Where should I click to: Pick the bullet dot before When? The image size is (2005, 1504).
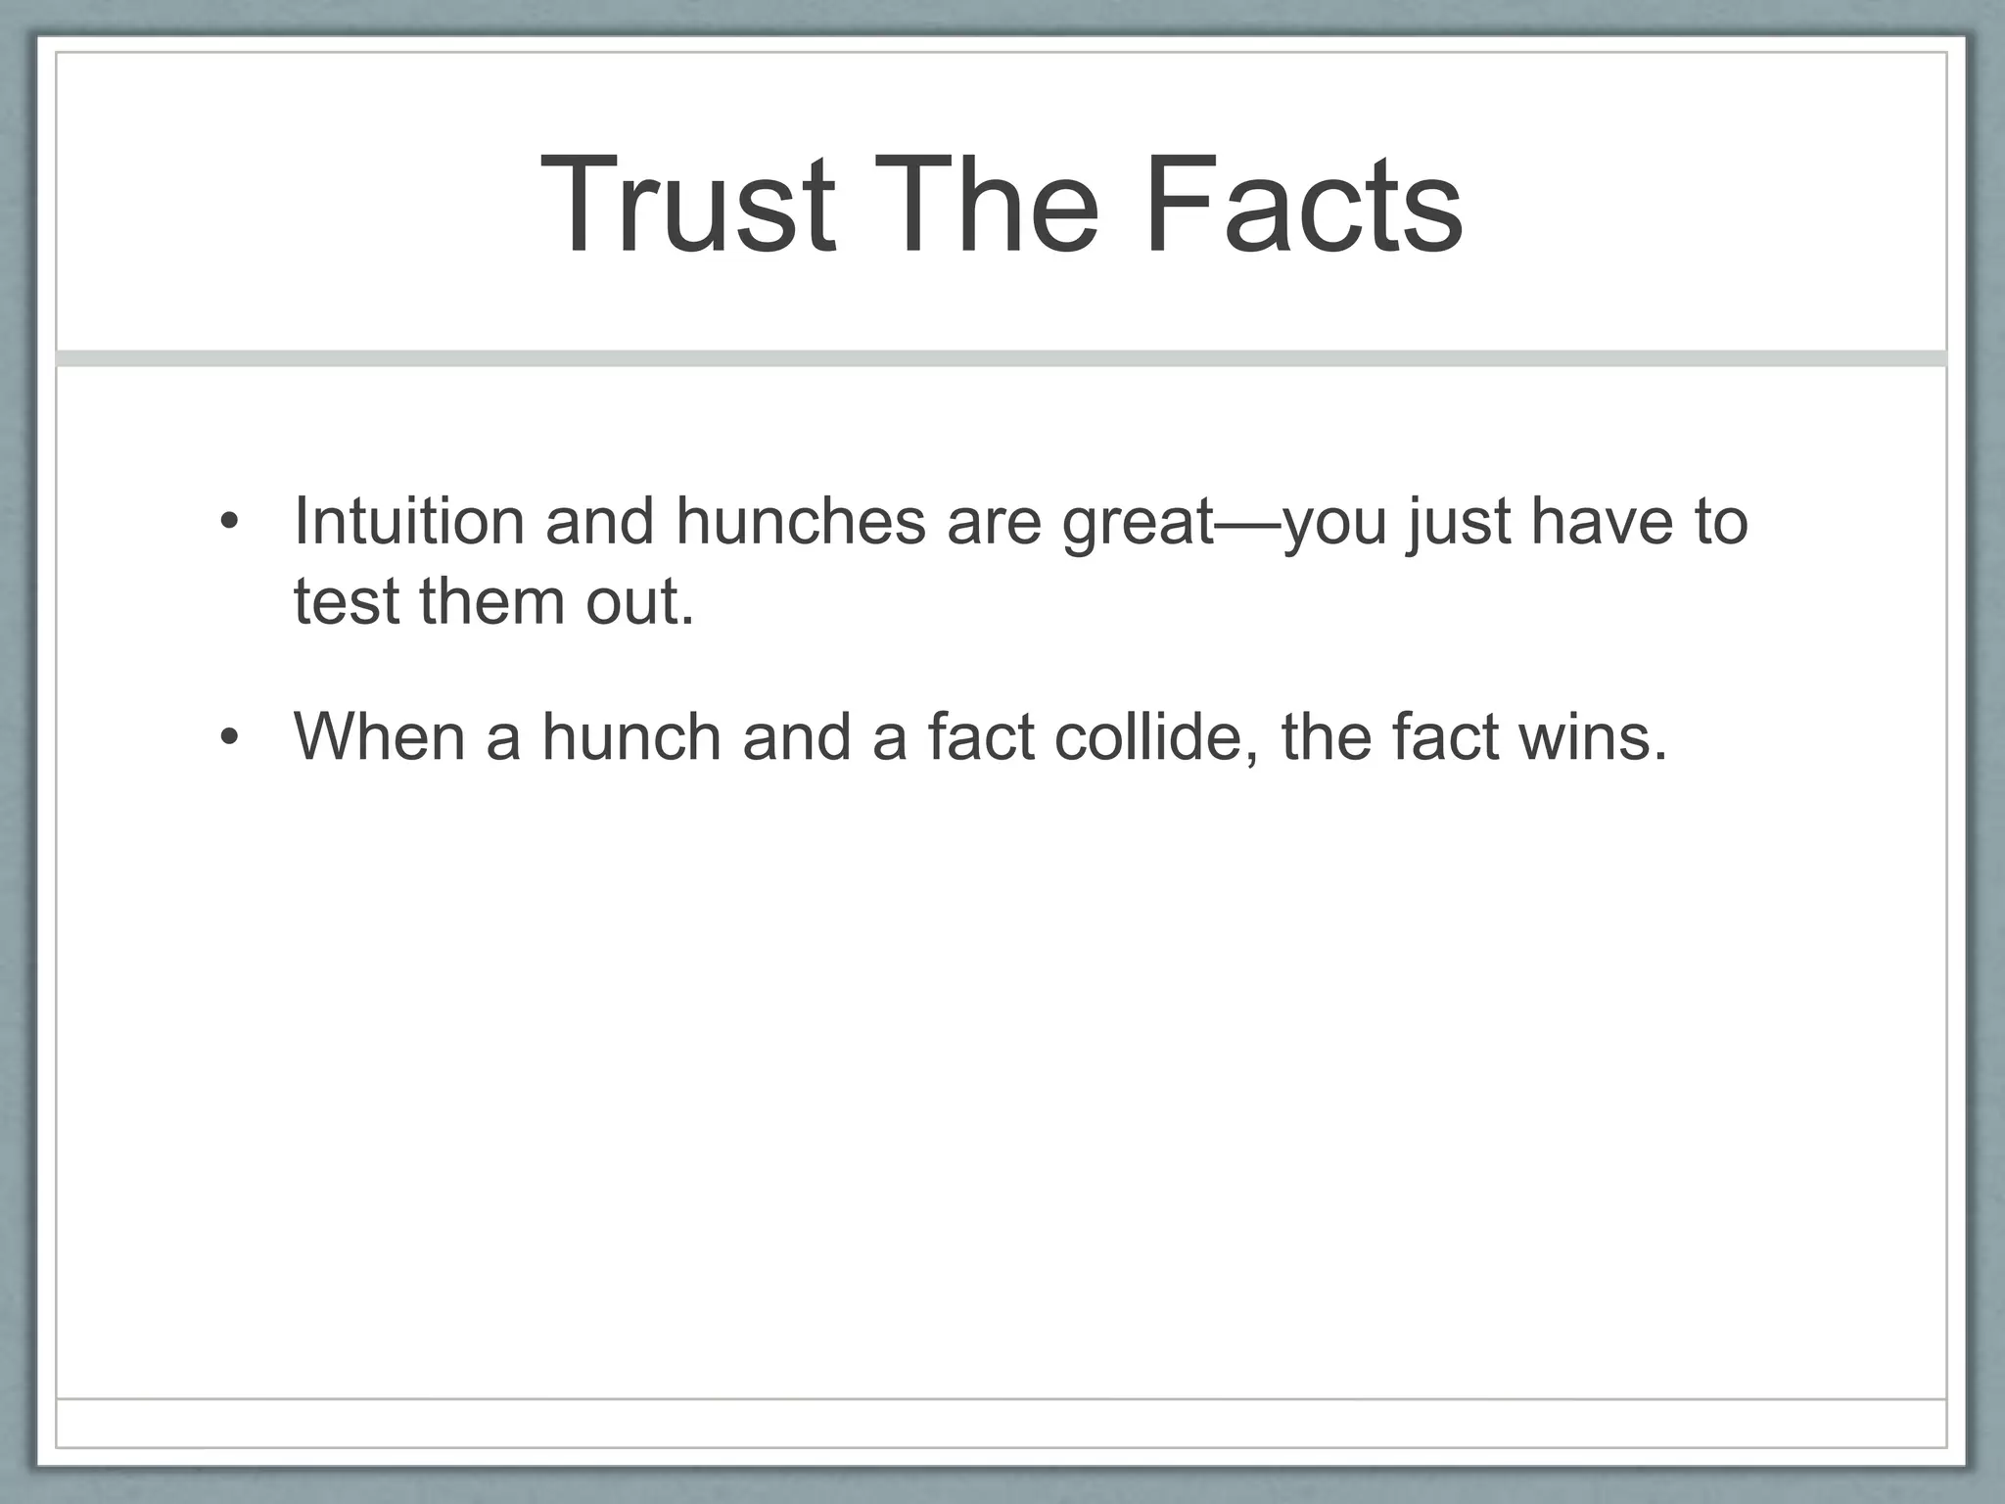click(229, 737)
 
